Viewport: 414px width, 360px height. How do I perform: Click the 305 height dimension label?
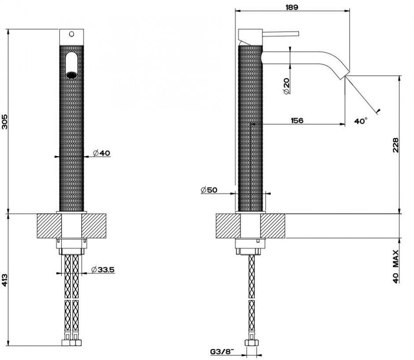pyautogui.click(x=5, y=122)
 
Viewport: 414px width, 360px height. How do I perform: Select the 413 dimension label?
pyautogui.click(x=5, y=280)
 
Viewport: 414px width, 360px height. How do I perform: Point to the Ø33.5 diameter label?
pyautogui.click(x=104, y=269)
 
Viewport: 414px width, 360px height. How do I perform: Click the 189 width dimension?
pyautogui.click(x=292, y=7)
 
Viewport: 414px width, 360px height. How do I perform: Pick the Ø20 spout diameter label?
pyautogui.click(x=286, y=85)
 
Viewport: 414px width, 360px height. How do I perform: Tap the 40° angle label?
pyautogui.click(x=361, y=120)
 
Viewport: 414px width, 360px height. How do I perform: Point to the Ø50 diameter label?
pyautogui.click(x=209, y=189)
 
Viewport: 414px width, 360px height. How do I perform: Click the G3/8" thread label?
pyautogui.click(x=222, y=351)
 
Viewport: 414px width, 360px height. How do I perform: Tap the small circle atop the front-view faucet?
pyautogui.click(x=71, y=33)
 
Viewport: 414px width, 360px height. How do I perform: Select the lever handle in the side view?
pyautogui.click(x=281, y=33)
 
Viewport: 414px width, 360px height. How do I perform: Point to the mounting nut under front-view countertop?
pyautogui.click(x=71, y=244)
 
